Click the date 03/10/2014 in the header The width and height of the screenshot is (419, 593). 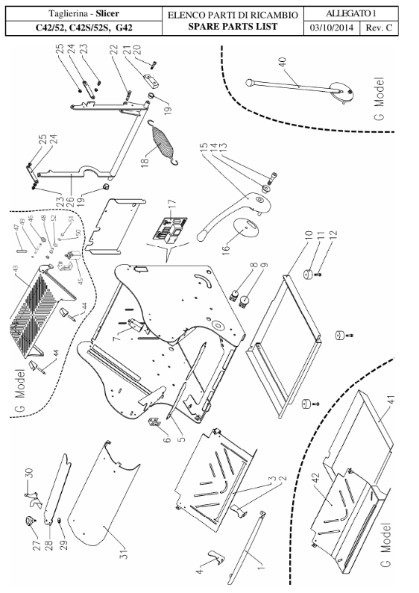(332, 28)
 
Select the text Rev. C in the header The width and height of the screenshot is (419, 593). (379, 28)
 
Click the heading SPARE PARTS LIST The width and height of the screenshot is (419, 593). (233, 27)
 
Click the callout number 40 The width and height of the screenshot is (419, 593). (283, 62)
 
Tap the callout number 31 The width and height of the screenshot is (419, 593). (124, 553)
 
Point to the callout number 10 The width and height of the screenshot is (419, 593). (308, 236)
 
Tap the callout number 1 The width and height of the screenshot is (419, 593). (261, 566)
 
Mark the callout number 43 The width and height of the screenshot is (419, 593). (16, 268)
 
